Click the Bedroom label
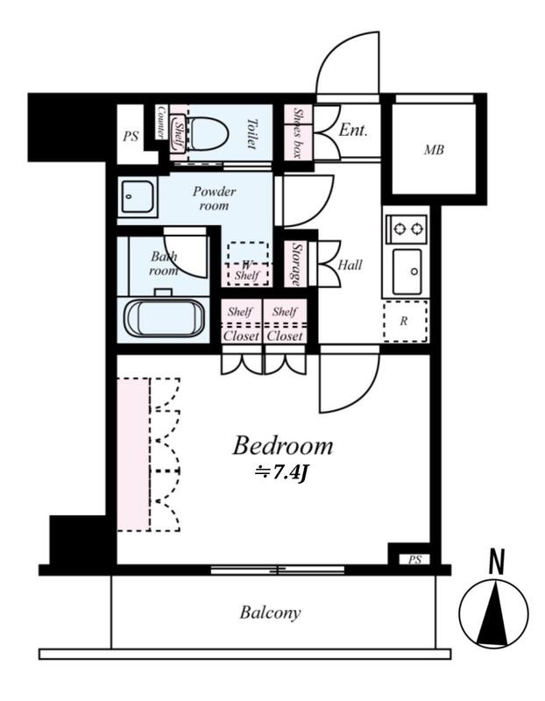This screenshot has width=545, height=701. (x=282, y=446)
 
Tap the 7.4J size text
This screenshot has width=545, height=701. (x=280, y=473)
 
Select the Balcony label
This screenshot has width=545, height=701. (x=270, y=612)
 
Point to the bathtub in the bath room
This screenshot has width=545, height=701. (x=164, y=317)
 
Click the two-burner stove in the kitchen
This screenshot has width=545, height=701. (x=407, y=229)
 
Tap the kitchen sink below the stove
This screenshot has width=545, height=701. (x=407, y=272)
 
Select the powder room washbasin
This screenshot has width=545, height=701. (x=138, y=197)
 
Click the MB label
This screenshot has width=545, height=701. (x=434, y=149)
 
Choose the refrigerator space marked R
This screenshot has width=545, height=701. (x=406, y=321)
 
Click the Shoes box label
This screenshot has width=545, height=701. (x=297, y=133)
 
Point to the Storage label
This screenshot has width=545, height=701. (x=296, y=264)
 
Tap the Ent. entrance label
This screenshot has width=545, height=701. (x=353, y=130)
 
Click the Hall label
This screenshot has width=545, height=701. (x=350, y=265)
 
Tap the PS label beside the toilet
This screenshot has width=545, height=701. (x=131, y=136)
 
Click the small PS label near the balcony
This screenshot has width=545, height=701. (x=414, y=559)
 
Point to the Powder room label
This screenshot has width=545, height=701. (x=214, y=199)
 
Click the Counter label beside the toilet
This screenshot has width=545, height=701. (x=161, y=122)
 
